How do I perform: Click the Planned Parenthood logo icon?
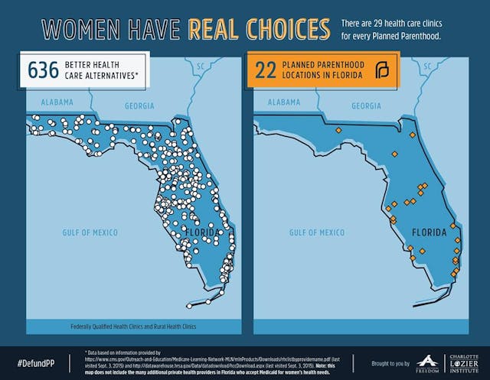click(x=381, y=71)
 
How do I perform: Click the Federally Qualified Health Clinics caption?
click(x=132, y=326)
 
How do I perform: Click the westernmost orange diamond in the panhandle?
click(x=338, y=130)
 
